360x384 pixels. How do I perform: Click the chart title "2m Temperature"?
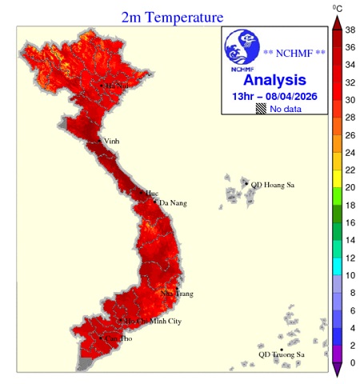[172, 16]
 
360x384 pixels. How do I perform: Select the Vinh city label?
[111, 142]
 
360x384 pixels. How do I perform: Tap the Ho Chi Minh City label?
[153, 321]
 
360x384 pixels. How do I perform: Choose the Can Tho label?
[118, 338]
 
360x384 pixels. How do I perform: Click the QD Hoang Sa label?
[273, 185]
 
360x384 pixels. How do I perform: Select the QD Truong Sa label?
[282, 354]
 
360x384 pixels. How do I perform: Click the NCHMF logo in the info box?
[241, 50]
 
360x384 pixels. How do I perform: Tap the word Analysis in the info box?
[274, 80]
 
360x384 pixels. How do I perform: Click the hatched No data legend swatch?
[261, 108]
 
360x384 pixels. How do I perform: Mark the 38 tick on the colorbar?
[349, 29]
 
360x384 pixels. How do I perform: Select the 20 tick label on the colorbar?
[349, 187]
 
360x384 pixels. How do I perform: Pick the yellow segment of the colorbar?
[337, 170]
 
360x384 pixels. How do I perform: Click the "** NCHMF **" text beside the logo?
[294, 54]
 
